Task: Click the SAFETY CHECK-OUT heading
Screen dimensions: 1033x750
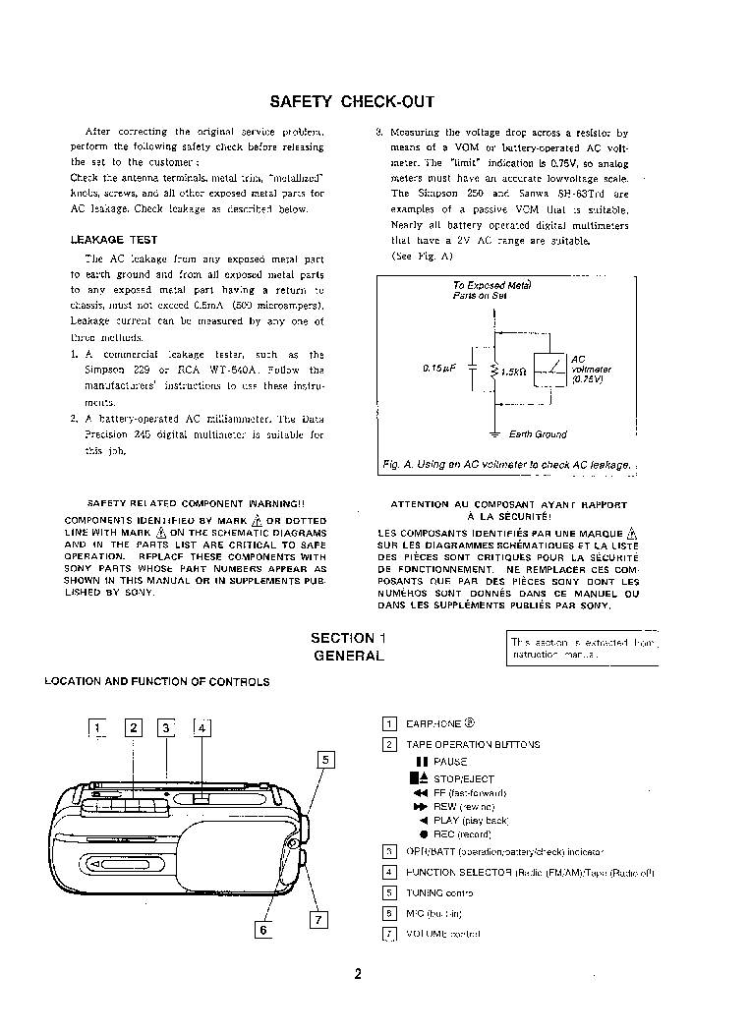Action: (352, 101)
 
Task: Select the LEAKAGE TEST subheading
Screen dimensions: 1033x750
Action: (114, 240)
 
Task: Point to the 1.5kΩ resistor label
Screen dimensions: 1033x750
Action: (513, 372)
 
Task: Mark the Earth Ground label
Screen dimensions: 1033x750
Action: (538, 433)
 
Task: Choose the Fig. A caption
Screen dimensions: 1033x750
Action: (505, 464)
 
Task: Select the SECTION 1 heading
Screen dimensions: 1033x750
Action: (348, 638)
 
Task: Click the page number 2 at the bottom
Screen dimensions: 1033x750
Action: (359, 975)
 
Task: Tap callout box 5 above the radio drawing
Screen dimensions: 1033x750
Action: (326, 758)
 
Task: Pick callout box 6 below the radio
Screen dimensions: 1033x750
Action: (262, 929)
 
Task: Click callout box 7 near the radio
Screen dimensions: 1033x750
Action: (317, 920)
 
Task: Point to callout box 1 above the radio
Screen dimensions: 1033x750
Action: (97, 727)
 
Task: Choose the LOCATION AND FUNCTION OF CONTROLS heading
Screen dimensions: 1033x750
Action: (157, 681)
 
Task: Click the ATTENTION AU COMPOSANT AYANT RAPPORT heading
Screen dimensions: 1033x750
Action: (508, 504)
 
